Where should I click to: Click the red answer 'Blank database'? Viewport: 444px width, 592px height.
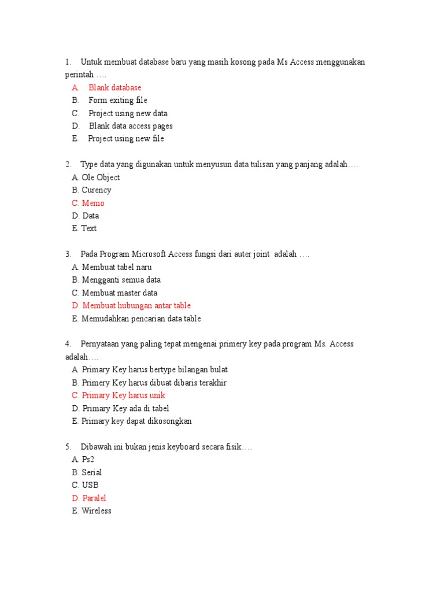point(114,88)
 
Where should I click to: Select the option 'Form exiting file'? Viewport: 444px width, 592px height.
point(117,101)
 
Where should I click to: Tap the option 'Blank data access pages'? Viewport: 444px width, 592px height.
point(131,126)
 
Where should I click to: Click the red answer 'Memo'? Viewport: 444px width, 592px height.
point(93,203)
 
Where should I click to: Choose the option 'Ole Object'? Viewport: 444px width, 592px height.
point(101,177)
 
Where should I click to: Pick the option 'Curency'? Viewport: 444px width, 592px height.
point(97,190)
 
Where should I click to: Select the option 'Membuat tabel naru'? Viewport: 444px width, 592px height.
point(117,268)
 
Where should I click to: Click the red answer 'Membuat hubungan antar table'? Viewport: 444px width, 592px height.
point(136,306)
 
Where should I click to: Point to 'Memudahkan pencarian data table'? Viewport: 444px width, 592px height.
point(141,319)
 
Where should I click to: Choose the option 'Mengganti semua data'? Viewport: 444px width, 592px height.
point(121,280)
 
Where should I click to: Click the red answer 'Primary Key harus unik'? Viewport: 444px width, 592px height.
point(124,395)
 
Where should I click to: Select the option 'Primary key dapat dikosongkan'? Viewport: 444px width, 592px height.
point(136,421)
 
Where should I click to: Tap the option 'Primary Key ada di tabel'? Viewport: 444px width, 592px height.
point(125,409)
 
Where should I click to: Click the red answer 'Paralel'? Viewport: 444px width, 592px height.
point(94,498)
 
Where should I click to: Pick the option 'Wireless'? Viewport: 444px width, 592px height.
point(97,511)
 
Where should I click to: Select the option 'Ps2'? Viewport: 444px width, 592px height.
point(87,460)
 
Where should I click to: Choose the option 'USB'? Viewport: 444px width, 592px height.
point(90,486)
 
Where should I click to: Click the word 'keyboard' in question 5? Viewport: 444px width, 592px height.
point(167,447)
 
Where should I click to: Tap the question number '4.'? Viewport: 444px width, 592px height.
point(68,345)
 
